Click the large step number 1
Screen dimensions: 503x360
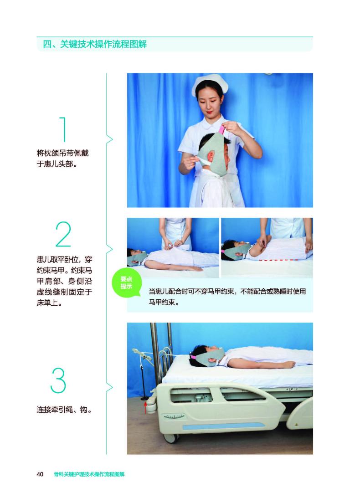coord(64,130)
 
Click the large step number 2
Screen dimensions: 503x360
coord(63,235)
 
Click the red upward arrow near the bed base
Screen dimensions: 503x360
coord(145,408)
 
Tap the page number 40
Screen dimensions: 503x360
coord(40,474)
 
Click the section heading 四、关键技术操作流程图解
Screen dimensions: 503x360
coord(95,45)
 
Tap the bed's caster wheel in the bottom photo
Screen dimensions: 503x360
coord(170,438)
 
